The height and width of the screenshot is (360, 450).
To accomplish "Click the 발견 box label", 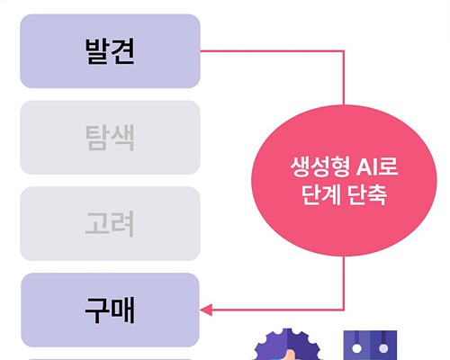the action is (x=110, y=51).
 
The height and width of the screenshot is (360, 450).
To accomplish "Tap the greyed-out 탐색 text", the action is (x=110, y=138).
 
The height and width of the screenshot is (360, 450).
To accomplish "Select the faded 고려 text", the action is (x=110, y=224).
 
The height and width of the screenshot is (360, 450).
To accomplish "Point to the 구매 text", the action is (x=110, y=310).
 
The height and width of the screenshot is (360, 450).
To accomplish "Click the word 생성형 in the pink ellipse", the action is (x=319, y=166).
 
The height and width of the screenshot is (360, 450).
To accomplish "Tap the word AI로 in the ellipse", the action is (x=377, y=166).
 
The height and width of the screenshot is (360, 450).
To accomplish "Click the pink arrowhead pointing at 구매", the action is (x=206, y=310).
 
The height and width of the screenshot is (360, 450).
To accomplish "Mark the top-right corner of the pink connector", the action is (x=344, y=51).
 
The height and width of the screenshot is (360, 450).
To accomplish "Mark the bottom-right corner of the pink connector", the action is (x=344, y=310).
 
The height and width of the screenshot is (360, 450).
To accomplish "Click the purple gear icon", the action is (x=287, y=345).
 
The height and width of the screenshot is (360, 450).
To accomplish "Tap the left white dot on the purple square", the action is (x=356, y=348).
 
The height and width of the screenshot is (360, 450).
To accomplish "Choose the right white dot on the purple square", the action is (x=383, y=348).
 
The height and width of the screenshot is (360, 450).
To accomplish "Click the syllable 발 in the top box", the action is (x=97, y=51).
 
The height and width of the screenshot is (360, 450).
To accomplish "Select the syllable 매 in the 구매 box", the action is (x=123, y=310).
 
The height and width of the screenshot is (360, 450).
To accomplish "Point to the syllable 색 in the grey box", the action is (x=123, y=138).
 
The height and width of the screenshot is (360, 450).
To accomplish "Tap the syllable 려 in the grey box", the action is (x=122, y=224).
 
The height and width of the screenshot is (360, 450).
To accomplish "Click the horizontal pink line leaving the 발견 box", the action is (x=272, y=51).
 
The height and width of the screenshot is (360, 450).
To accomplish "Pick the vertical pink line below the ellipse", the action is (x=344, y=283).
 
